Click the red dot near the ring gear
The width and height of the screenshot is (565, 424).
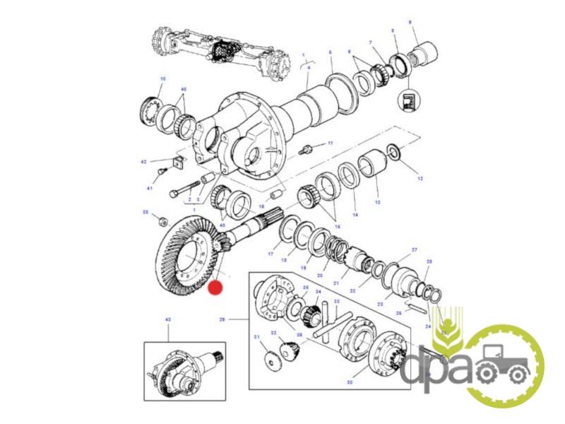coord(216,288)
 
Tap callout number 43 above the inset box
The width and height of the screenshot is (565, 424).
coord(168,319)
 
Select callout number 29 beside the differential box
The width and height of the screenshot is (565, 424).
coord(222,320)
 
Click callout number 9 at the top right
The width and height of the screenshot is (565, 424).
coord(410,23)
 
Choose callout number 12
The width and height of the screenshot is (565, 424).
coord(420,179)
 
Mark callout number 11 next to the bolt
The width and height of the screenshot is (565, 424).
coord(329,143)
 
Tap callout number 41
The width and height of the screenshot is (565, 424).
coord(150,188)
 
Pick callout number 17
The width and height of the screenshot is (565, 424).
coord(270,253)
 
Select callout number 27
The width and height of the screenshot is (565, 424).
coord(415,249)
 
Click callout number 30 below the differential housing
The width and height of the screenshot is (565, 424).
coord(349,382)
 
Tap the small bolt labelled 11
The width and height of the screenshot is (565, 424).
coord(307,150)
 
